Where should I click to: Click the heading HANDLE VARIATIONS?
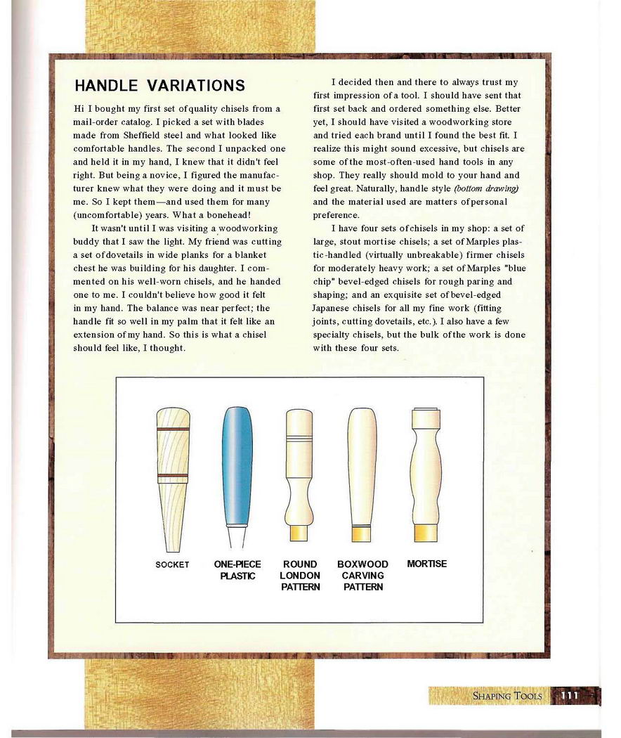159,86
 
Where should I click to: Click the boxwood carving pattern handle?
362,471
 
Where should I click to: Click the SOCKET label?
172,564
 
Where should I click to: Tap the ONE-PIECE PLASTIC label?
237,570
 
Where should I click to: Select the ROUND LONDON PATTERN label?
300,576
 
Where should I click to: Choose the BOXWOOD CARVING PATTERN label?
362,576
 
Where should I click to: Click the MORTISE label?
426,564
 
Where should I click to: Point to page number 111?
569,696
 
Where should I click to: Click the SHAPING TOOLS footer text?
507,696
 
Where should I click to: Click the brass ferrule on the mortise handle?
426,531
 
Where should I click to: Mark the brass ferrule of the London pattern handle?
300,533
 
